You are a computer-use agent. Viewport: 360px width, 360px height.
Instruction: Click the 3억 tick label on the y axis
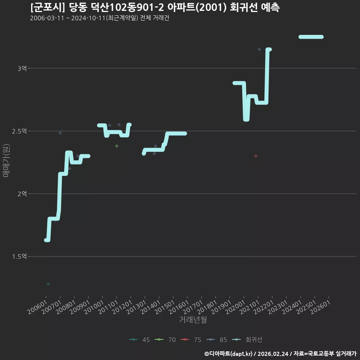point(22,68)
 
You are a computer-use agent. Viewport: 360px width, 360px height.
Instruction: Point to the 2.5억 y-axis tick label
point(19,131)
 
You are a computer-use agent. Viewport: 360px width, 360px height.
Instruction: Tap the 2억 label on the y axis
point(22,194)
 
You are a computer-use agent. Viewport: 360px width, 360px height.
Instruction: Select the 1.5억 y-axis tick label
point(19,256)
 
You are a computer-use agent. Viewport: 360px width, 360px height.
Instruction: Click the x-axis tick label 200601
point(37,307)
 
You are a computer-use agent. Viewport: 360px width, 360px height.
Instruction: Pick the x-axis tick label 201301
point(136,307)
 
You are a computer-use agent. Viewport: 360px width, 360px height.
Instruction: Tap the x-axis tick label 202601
point(320,307)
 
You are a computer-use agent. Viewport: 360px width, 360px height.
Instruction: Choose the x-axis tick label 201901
point(221,307)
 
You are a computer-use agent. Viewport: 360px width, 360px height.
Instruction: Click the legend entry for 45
point(139,340)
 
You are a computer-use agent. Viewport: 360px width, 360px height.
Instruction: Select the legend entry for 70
point(165,340)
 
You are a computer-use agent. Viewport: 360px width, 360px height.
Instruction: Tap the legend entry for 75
point(191,340)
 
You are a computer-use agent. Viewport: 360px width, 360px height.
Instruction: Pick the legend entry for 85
point(216,340)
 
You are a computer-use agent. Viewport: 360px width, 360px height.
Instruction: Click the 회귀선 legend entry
point(247,340)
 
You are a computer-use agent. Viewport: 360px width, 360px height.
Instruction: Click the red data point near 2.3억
point(256,156)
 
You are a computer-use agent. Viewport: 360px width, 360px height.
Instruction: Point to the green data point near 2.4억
point(117,146)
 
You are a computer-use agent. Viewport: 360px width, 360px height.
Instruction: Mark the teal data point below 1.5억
point(48,284)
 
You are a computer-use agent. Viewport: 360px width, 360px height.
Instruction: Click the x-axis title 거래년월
point(193,319)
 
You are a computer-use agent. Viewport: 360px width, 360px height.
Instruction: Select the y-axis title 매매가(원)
point(6,161)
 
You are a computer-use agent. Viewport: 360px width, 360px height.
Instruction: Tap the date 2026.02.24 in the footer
point(273,354)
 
